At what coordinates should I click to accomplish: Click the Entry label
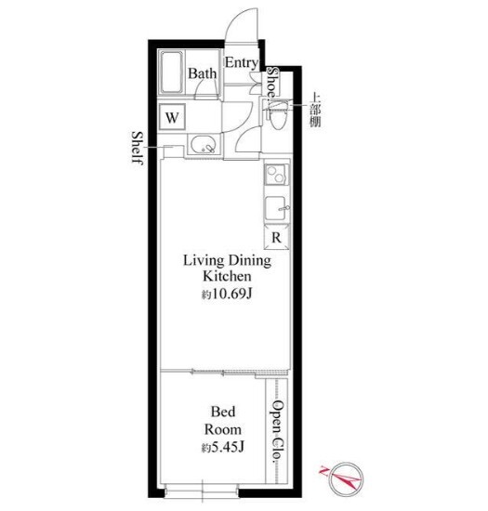coord(242,63)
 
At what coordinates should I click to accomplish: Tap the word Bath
coord(202,73)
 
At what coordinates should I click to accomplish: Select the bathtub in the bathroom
coord(171,72)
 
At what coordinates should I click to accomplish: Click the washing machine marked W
coord(172,117)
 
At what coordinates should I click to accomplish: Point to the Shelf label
coord(138,148)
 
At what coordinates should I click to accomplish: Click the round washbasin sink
coord(204,146)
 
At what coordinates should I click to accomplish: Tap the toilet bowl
coord(277,116)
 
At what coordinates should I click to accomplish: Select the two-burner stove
coord(277,175)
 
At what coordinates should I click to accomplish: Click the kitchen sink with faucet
coord(277,208)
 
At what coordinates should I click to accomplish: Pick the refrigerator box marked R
coord(276,238)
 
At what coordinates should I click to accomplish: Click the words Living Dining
coord(227,261)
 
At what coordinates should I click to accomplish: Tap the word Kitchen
coord(227,276)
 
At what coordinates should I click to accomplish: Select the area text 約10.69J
coord(227,295)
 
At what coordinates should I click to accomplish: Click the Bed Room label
coord(223,421)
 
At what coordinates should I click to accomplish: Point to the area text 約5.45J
coord(223,448)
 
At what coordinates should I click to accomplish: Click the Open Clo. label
coord(278,430)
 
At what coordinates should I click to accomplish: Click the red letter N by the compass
coord(323,471)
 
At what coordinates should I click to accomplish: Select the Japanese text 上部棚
coord(315,110)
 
